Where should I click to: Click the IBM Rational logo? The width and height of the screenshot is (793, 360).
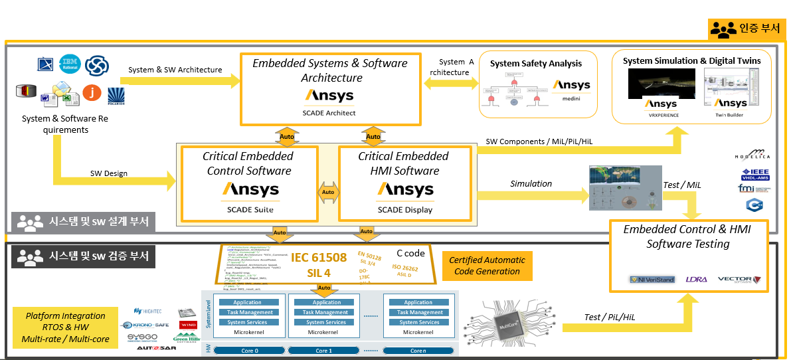[x=69, y=64]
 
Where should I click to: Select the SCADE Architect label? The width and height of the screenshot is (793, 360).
[x=330, y=113]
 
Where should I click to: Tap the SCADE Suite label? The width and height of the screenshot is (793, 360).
[x=250, y=210]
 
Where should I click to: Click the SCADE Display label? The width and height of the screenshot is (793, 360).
[x=404, y=210]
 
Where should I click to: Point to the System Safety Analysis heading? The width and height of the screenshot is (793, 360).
[x=535, y=64]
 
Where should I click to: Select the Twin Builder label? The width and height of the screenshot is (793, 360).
[x=729, y=115]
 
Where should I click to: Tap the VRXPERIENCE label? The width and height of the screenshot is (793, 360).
[x=660, y=115]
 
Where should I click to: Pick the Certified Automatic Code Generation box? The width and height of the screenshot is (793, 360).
[x=487, y=266]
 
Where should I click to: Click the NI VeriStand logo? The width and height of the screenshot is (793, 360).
[x=652, y=280]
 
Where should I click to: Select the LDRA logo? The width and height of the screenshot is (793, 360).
[x=696, y=280]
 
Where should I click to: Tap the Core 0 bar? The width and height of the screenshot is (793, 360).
[x=246, y=350]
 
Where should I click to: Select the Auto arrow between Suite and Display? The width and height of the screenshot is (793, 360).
[x=328, y=193]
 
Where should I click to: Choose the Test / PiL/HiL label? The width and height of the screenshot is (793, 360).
[x=610, y=317]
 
